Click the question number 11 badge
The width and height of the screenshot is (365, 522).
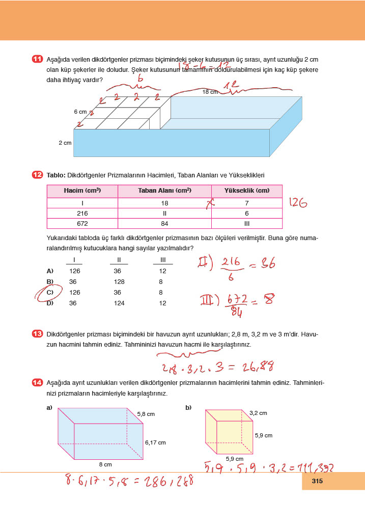[x=37, y=60]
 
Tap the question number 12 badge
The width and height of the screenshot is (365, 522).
[x=37, y=175]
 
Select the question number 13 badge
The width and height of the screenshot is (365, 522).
[x=37, y=334]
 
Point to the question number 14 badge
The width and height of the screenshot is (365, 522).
[x=37, y=383]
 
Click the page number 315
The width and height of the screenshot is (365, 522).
[x=318, y=481]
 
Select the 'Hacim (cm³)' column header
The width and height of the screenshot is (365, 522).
[x=82, y=191]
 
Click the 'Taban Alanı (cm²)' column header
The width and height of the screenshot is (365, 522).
[x=164, y=191]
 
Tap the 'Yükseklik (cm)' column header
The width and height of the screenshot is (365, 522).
[x=246, y=191]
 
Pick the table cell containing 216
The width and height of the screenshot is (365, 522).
[x=82, y=213]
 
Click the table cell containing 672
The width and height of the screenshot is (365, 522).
[x=82, y=223]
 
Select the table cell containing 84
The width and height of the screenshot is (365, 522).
[x=164, y=223]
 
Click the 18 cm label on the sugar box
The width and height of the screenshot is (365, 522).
[x=210, y=92]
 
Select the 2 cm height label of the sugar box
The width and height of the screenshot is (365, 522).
[x=65, y=143]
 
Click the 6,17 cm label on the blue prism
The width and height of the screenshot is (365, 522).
[x=155, y=442]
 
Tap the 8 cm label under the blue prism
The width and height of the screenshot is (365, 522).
[x=105, y=464]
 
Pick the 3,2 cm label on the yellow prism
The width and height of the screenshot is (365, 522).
[x=258, y=413]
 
